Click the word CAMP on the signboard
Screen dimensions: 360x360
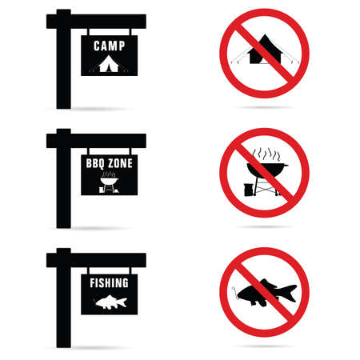pos(109,46)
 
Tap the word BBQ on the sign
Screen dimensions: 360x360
pos(94,163)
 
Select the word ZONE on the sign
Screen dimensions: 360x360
pos(120,163)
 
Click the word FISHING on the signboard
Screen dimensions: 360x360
pos(109,283)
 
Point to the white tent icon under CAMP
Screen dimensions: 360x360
pos(109,64)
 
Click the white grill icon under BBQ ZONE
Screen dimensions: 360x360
pos(109,182)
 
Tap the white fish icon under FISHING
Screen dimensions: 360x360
pos(110,302)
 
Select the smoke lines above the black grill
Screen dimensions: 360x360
pos(266,154)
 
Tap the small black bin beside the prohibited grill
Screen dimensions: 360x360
pos(248,190)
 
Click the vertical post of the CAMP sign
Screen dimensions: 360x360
pos(64,59)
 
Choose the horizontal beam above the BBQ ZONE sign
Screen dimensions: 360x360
pos(96,141)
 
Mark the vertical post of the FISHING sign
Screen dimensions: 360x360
pos(64,298)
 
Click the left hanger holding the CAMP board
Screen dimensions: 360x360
pos(89,32)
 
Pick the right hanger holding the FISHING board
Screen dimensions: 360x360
pos(130,270)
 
